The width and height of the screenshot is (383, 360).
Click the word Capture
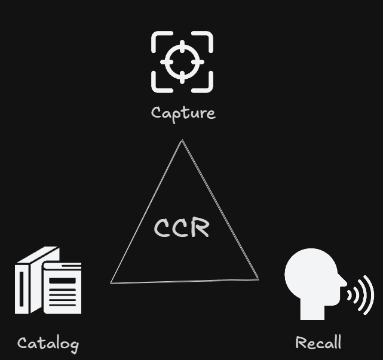183,113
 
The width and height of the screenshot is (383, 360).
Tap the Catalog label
48,343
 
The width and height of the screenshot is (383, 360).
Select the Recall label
318,343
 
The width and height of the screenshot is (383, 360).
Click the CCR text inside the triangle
182,228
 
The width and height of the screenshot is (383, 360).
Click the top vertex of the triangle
182,141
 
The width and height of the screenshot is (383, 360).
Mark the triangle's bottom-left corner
112,282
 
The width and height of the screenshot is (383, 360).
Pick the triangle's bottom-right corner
258,278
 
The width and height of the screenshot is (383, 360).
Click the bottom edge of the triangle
185,281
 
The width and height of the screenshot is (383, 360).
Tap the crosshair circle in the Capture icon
182,62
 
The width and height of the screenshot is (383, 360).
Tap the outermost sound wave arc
369,294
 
